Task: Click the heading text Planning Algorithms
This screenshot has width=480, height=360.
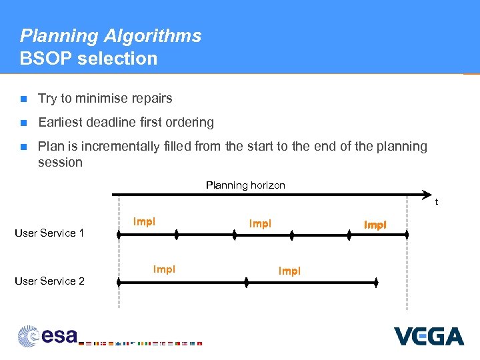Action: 111,35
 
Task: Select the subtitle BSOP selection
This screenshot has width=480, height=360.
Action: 89,59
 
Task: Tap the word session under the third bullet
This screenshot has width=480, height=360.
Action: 60,163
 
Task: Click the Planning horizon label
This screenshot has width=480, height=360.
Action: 245,185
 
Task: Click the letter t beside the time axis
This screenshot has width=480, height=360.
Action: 437,201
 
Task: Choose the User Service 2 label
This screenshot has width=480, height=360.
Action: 49,281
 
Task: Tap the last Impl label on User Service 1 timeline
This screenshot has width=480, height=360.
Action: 375,225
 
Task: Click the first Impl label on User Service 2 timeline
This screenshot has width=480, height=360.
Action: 164,269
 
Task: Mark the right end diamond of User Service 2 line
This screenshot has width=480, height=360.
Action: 376,283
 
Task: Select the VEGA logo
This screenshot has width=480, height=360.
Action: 429,336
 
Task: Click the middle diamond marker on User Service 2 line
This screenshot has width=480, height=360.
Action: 246,283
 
